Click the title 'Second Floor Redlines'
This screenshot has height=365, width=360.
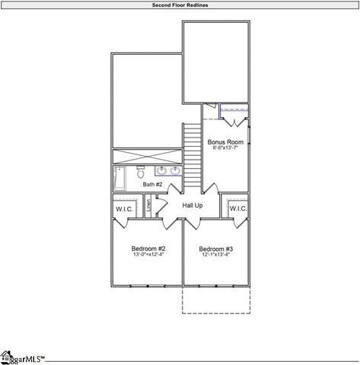point(180,5)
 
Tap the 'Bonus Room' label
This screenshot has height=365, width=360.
point(225,141)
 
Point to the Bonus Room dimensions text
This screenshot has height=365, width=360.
point(225,148)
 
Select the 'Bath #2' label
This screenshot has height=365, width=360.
point(152,185)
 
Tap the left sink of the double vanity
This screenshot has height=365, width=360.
point(162,171)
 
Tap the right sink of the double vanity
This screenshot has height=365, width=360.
point(175,171)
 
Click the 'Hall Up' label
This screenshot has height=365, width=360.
point(192,205)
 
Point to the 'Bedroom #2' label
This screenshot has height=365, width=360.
point(148,249)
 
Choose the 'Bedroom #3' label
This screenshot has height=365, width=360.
point(216,249)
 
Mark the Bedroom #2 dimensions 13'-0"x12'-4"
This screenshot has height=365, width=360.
point(148,255)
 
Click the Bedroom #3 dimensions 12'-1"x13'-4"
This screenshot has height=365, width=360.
point(216,255)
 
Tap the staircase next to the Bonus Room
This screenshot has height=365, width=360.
point(192,157)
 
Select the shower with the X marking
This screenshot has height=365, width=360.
point(147,156)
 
